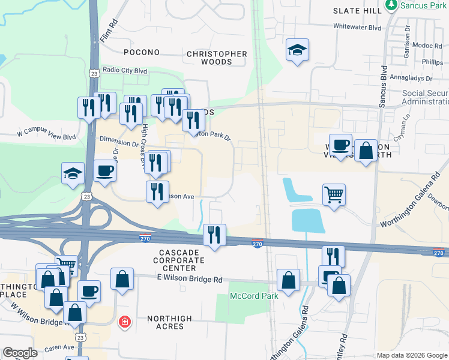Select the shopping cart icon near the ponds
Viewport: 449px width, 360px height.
(x=334, y=194)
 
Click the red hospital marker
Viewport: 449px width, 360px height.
(x=125, y=322)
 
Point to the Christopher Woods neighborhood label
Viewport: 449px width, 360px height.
(x=217, y=58)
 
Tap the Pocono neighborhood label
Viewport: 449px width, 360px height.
(x=142, y=53)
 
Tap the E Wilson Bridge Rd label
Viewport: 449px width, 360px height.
(x=190, y=279)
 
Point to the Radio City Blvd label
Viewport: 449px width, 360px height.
(x=125, y=70)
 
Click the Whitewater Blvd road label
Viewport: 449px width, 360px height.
(x=358, y=27)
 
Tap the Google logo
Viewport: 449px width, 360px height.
(x=20, y=353)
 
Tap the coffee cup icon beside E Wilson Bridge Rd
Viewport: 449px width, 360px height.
(x=89, y=291)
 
